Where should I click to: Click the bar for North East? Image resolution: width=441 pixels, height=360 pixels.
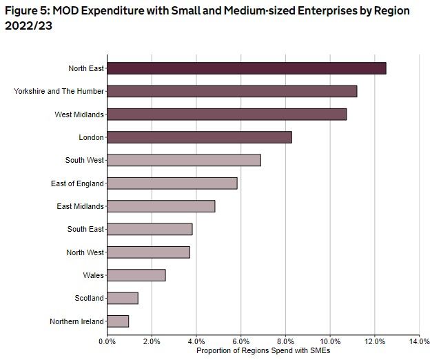[x=247, y=68]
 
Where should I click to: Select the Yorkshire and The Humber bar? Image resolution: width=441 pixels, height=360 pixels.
[x=232, y=91]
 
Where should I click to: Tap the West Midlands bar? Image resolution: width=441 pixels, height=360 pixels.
[x=227, y=114]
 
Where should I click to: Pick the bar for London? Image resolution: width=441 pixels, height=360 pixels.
[x=200, y=137]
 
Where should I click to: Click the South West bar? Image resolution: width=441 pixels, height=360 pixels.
[x=184, y=160]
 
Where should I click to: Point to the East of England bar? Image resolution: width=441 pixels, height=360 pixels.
[x=172, y=183]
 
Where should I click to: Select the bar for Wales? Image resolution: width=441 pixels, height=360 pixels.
[x=136, y=275]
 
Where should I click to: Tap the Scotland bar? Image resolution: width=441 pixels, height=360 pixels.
[x=123, y=298]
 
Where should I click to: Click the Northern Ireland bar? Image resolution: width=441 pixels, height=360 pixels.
[x=118, y=321]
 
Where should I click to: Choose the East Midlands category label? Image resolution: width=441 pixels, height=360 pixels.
[x=80, y=206]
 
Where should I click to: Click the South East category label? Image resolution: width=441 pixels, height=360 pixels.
[x=85, y=229]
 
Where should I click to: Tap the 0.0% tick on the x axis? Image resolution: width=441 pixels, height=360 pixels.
[x=107, y=341]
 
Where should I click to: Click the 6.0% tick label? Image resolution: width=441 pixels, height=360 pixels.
[x=241, y=341]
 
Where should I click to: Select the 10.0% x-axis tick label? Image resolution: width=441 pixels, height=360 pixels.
[x=330, y=341]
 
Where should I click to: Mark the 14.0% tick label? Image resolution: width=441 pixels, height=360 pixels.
[x=419, y=341]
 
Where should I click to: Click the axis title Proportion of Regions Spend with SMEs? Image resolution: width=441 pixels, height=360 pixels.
[x=263, y=350]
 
